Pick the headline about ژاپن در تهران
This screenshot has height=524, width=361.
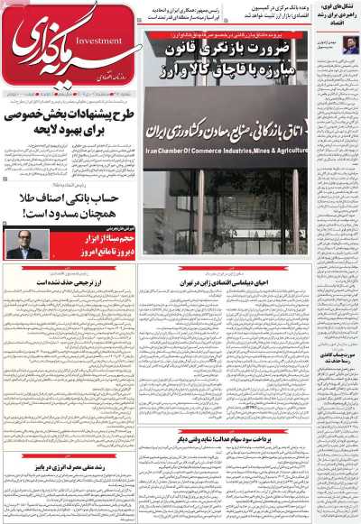coord(230,282)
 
